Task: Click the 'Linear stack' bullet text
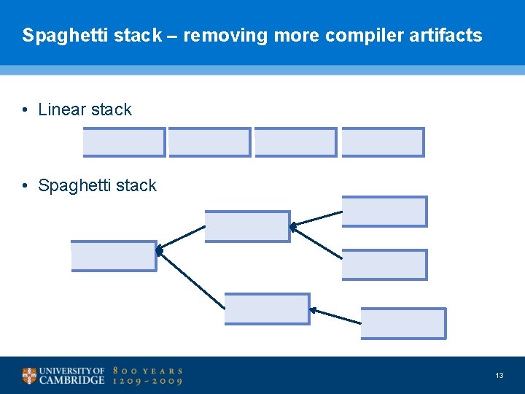(85, 109)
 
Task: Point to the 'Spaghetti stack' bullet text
(97, 185)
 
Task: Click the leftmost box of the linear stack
(124, 142)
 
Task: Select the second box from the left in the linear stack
(210, 142)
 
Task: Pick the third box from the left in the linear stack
(296, 142)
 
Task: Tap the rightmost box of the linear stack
(383, 142)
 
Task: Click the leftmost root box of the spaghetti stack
(114, 256)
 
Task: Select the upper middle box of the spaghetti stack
(247, 226)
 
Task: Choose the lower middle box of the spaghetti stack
(267, 309)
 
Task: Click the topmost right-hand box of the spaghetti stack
(384, 212)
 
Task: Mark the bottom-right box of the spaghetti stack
(403, 323)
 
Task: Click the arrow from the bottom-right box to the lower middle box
(335, 317)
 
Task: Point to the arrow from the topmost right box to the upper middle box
(316, 219)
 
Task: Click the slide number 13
(499, 375)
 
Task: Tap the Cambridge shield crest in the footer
(28, 376)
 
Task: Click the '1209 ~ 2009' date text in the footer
(147, 381)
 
